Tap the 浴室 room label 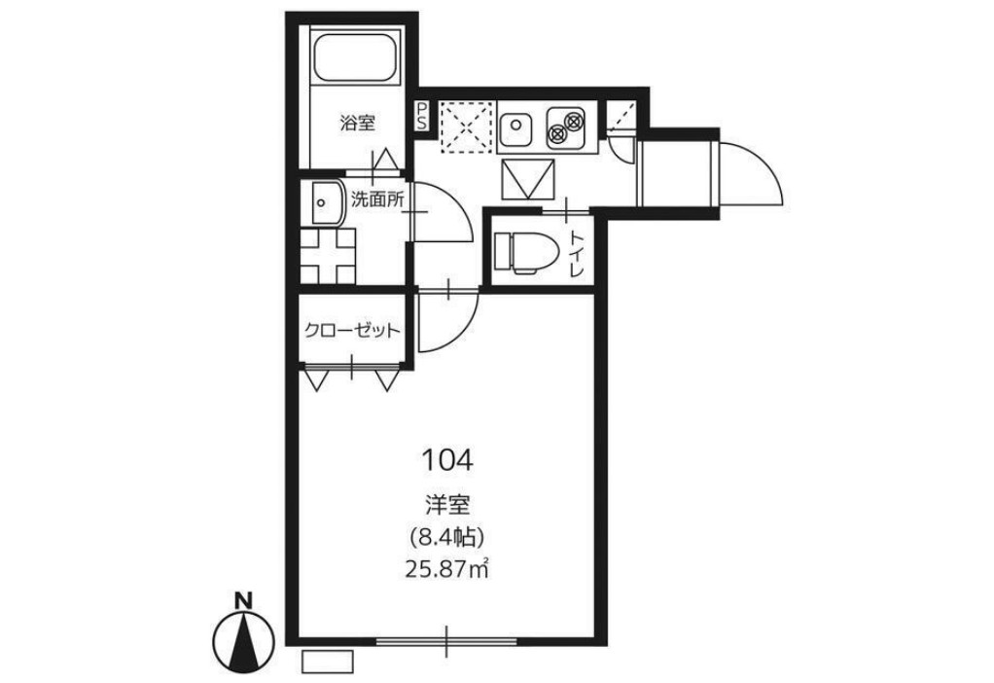357,123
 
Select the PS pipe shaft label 421,117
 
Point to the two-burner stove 565,126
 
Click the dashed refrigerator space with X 466,126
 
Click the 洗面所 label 377,200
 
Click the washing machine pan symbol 327,255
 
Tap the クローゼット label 352,331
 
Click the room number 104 447,460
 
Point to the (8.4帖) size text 448,538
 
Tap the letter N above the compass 243,600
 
